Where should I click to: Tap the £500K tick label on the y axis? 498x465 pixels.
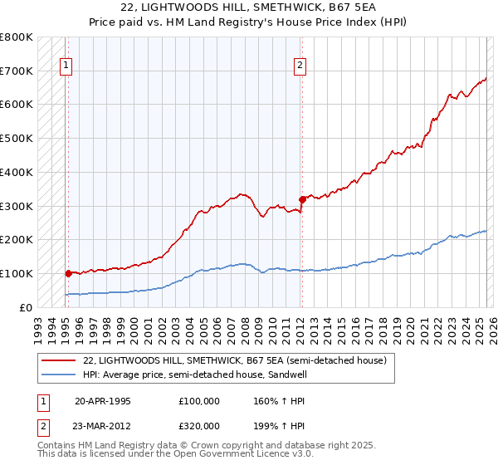(17, 138)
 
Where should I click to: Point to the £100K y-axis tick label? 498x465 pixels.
(17, 273)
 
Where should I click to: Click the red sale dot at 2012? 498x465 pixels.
(302, 198)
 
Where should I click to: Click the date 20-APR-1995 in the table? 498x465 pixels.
(103, 400)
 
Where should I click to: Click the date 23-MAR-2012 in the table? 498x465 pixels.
(103, 425)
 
